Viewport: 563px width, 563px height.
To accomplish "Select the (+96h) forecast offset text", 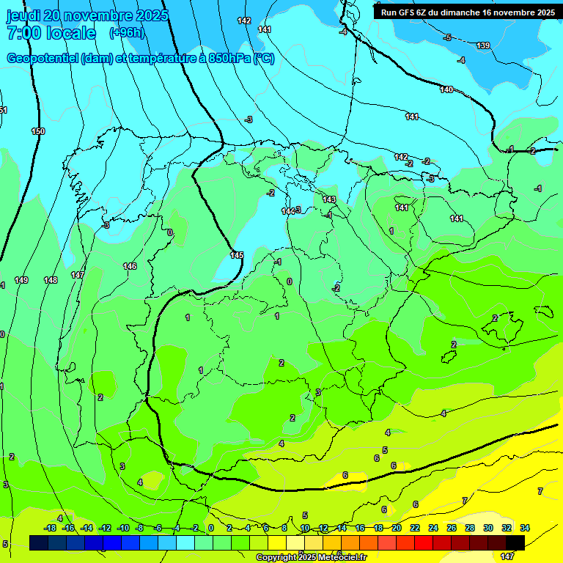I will pyautogui.click(x=126, y=33).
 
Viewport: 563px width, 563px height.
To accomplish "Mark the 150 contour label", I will pyautogui.click(x=38, y=131).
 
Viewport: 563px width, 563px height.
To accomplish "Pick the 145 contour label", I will pyautogui.click(x=236, y=255).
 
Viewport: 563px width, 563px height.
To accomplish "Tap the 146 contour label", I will pyautogui.click(x=130, y=266).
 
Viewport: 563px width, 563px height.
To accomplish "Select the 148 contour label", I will pyautogui.click(x=51, y=280).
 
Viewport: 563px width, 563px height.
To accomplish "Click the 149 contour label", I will pyautogui.click(x=21, y=280).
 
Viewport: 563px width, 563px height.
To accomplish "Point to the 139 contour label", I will pyautogui.click(x=483, y=46).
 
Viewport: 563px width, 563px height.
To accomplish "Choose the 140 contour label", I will pyautogui.click(x=446, y=89).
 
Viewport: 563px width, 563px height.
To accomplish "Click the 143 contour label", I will pyautogui.click(x=329, y=199).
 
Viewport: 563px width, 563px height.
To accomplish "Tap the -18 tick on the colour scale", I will pyautogui.click(x=51, y=528).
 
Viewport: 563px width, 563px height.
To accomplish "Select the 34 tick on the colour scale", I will pyautogui.click(x=525, y=528).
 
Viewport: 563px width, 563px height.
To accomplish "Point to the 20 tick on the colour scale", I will pyautogui.click(x=397, y=528).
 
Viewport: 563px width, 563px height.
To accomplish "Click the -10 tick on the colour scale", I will pyautogui.click(x=123, y=528).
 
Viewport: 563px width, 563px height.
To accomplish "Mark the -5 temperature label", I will pyautogui.click(x=447, y=37).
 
